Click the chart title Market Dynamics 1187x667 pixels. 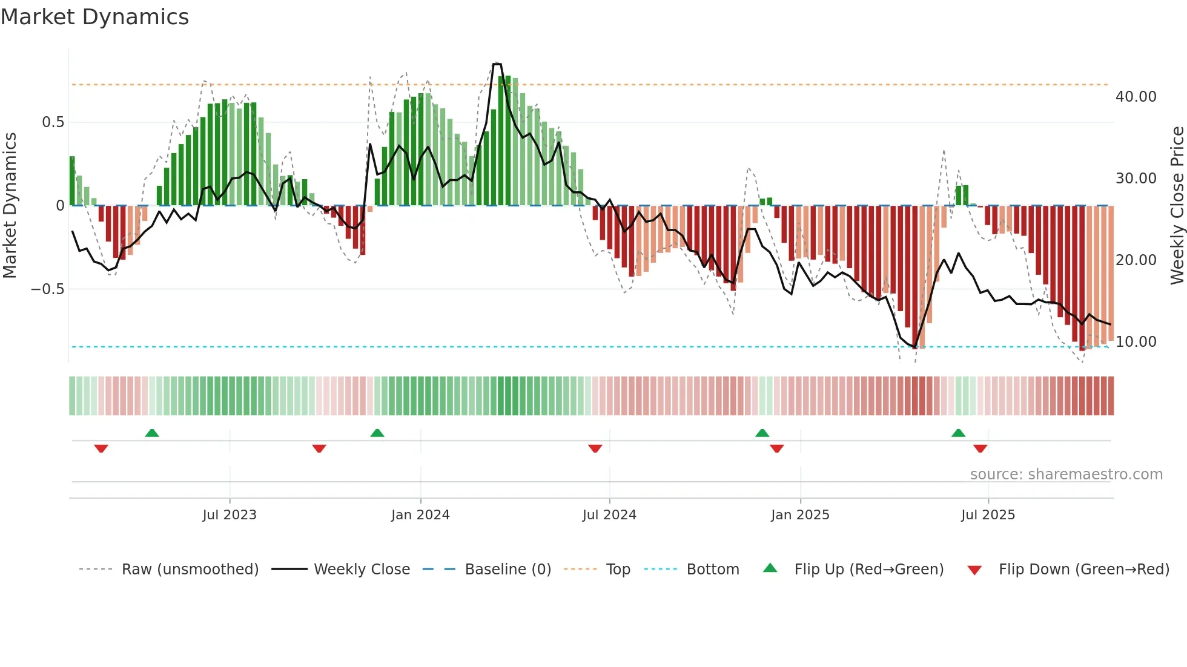[x=94, y=17]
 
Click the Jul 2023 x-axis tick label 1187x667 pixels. [x=230, y=515]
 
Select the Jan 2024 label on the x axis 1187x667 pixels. [x=420, y=515]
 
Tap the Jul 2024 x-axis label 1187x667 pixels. [x=609, y=515]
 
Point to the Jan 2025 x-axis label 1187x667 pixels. [x=800, y=515]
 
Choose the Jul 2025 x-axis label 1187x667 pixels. [x=988, y=515]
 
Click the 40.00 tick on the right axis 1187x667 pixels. [x=1136, y=97]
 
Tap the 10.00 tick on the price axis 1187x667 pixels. [x=1136, y=342]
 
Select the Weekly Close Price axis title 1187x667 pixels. [x=1177, y=205]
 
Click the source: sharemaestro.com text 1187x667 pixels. [x=1066, y=475]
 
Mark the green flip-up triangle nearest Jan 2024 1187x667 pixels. [x=377, y=433]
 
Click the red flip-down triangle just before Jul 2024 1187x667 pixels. [x=595, y=448]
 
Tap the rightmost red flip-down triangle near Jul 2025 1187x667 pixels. [x=980, y=448]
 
